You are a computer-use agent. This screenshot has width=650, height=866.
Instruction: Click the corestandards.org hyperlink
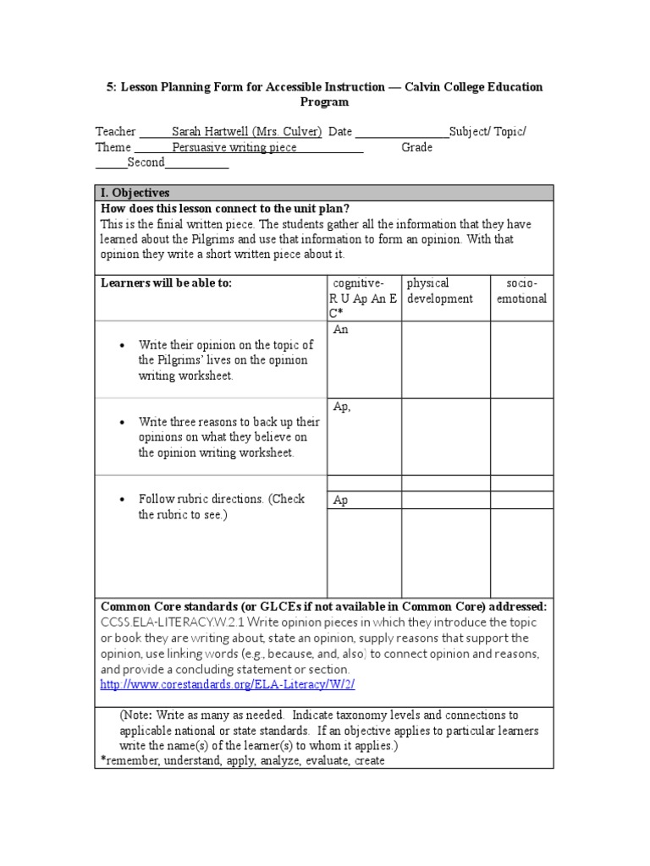point(234,684)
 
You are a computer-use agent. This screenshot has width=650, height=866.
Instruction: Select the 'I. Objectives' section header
point(135,193)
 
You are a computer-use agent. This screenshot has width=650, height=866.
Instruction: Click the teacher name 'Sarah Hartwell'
point(211,132)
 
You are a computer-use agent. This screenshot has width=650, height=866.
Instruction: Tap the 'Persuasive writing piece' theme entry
point(234,147)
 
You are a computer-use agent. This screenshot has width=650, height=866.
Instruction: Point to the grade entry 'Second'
point(146,162)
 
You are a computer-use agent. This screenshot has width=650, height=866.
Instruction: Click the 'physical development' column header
point(439,291)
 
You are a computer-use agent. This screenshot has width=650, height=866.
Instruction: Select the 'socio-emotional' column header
point(522,291)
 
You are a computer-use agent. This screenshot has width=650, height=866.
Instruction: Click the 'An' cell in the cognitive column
point(341,330)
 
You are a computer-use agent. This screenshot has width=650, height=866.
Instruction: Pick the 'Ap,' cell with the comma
point(342,407)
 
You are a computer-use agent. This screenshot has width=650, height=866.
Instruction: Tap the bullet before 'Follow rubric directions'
point(124,500)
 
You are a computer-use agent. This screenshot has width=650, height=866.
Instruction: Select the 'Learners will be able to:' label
point(166,283)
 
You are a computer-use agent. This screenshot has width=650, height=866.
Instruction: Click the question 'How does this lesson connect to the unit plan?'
point(225,209)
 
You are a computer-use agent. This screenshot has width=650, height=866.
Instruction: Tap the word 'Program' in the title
point(324,102)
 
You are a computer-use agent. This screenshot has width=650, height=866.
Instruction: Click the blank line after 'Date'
point(402,132)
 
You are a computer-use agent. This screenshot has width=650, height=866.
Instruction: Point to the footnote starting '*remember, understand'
point(242,760)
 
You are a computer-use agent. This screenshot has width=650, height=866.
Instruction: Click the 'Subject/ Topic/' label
point(487,132)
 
